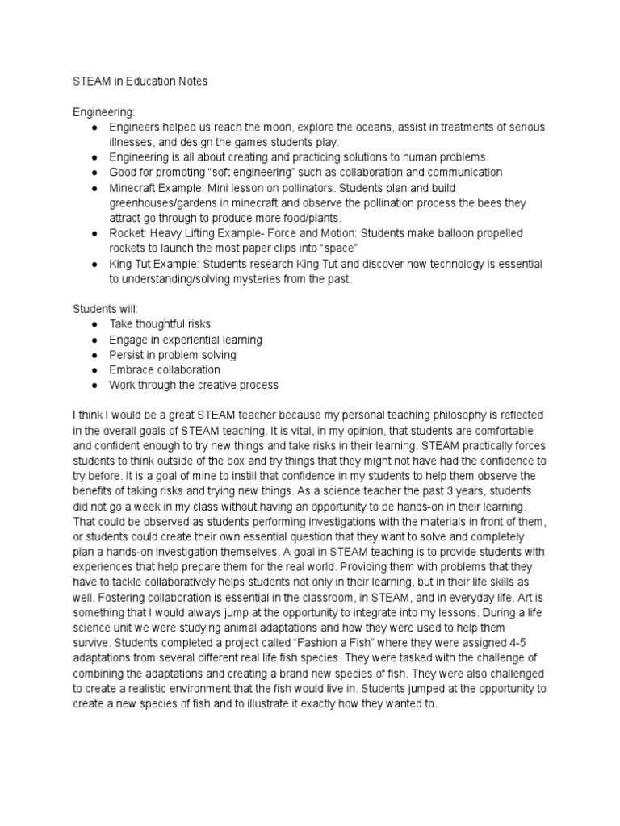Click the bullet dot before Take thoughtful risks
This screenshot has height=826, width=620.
click(x=95, y=324)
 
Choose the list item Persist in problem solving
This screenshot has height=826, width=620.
click(x=173, y=355)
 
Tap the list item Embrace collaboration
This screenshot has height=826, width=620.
click(x=165, y=369)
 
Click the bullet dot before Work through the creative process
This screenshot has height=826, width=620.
click(x=95, y=385)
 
